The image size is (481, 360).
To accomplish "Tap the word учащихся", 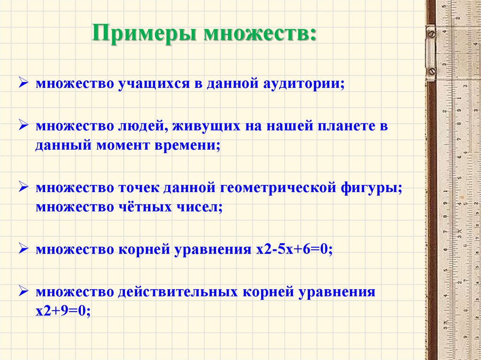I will (152, 85).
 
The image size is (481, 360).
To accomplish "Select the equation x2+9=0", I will (62, 310).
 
